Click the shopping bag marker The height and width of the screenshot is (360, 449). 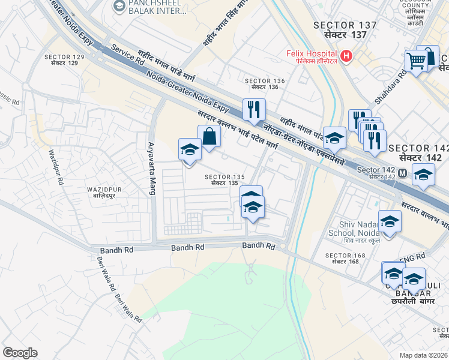209,136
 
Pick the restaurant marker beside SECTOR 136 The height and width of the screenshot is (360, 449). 254,109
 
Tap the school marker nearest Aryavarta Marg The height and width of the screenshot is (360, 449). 190,149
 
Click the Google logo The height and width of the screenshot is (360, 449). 20,353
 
